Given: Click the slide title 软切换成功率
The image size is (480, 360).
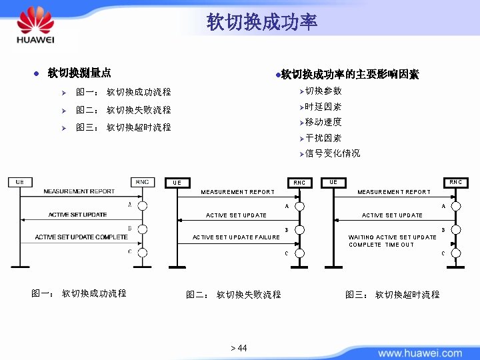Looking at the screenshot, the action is pyautogui.click(x=262, y=23).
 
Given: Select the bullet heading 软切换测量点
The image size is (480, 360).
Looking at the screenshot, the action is pyautogui.click(x=79, y=73).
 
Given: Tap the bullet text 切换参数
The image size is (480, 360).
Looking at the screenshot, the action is pyautogui.click(x=323, y=91).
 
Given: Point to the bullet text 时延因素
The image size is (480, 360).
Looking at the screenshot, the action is pyautogui.click(x=323, y=107).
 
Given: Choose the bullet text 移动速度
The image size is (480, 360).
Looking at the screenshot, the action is pyautogui.click(x=323, y=122).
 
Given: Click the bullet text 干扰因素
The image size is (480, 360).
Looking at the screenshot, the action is pyautogui.click(x=323, y=138).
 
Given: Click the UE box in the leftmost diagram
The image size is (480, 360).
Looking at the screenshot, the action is pyautogui.click(x=20, y=182).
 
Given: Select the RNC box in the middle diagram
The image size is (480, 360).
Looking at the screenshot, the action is pyautogui.click(x=299, y=183).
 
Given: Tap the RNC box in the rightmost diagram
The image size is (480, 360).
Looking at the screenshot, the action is pyautogui.click(x=455, y=182).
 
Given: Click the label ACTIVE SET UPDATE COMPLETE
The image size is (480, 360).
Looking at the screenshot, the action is pyautogui.click(x=81, y=237).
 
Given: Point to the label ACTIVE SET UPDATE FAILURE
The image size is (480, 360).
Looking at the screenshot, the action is pyautogui.click(x=236, y=237).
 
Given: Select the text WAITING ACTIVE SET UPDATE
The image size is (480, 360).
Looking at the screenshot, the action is pyautogui.click(x=392, y=237).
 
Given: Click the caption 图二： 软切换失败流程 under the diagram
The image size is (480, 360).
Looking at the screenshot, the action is pyautogui.click(x=233, y=294).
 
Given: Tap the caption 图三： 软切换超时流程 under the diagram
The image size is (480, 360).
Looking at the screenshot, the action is pyautogui.click(x=392, y=294).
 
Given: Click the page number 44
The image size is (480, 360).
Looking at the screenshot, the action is pyautogui.click(x=239, y=348).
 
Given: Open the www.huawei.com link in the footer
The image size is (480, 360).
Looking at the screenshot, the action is pyautogui.click(x=419, y=353).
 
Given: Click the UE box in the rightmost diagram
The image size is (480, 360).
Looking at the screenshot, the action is pyautogui.click(x=333, y=182).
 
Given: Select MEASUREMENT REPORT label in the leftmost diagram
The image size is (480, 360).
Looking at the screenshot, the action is pyautogui.click(x=79, y=191).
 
